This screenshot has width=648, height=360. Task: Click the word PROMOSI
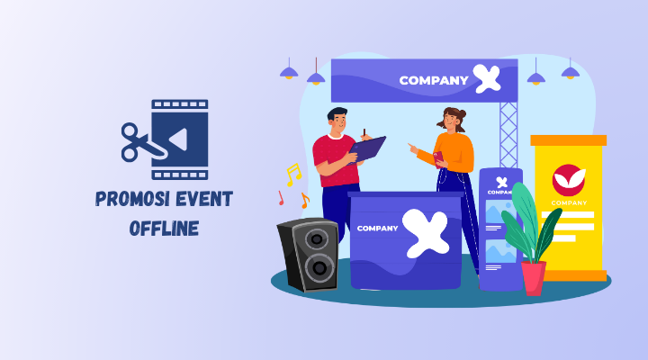[x=130, y=199]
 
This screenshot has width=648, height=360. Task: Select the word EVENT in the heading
[x=200, y=199]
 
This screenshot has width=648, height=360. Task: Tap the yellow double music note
[x=292, y=175]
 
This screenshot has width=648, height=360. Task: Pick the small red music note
[x=281, y=197]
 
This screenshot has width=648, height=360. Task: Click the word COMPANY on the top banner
[x=434, y=81]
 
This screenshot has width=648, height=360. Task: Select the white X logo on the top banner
[x=487, y=79]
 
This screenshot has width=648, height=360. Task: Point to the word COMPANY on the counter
[x=377, y=228]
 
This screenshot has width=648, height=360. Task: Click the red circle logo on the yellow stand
[x=568, y=180]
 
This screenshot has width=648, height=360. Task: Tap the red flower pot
[x=534, y=277]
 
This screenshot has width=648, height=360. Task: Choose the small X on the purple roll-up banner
[x=499, y=179]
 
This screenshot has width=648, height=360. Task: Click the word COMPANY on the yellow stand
[x=569, y=202]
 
